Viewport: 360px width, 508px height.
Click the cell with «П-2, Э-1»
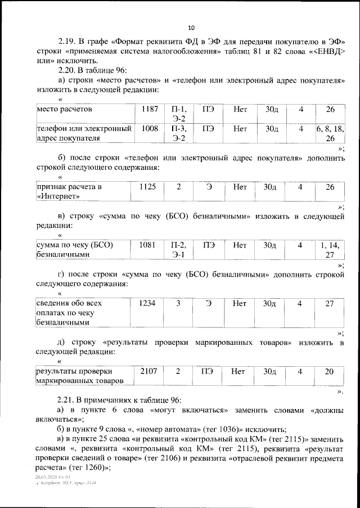(x=178, y=250)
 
